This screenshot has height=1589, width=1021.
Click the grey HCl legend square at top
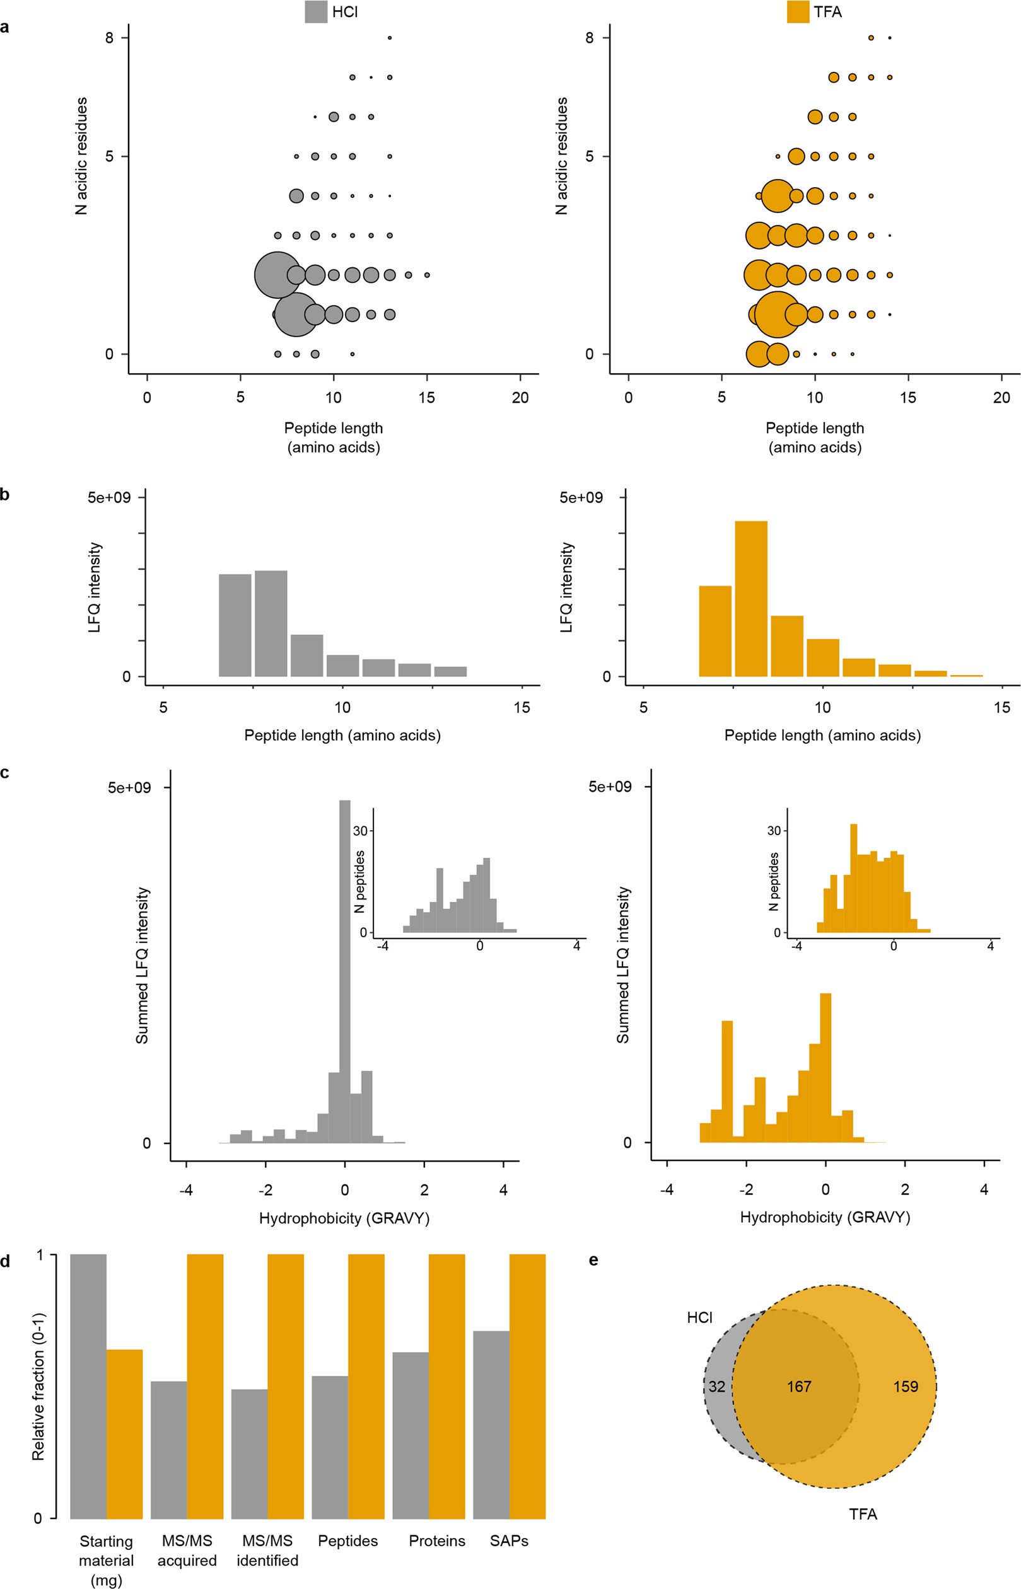tap(315, 12)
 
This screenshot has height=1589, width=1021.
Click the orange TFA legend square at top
tap(798, 12)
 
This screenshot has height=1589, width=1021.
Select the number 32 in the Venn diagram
tap(716, 1386)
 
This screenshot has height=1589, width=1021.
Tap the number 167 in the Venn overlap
tap(799, 1386)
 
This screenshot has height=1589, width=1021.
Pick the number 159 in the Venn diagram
tap(905, 1386)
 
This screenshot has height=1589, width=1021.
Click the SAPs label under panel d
tap(508, 1540)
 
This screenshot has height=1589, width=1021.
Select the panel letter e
tap(593, 1260)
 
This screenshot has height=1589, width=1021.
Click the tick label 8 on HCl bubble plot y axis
tap(109, 38)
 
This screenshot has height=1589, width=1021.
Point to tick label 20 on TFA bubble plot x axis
tap(1001, 398)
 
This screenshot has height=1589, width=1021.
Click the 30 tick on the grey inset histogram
tap(359, 831)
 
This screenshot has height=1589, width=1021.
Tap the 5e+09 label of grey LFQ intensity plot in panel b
tap(109, 498)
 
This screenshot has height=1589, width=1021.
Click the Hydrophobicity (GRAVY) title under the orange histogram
tap(825, 1217)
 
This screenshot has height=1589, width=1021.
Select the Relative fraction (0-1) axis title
tap(38, 1386)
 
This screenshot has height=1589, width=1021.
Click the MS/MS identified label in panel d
tap(267, 1550)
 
